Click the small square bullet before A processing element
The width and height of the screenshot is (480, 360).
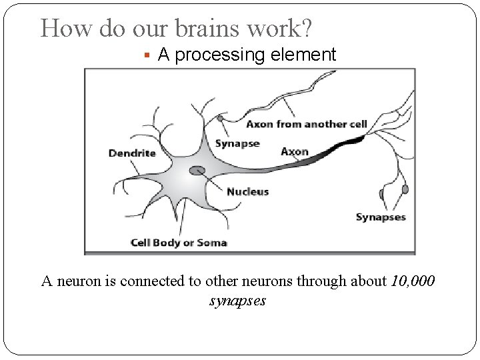[x=147, y=55]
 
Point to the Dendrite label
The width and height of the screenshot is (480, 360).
[x=131, y=153]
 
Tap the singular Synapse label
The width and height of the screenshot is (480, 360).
[x=237, y=144]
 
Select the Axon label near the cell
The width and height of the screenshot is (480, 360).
[x=294, y=151]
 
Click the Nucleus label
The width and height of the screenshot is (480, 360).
[x=247, y=192]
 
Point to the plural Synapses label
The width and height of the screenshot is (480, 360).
[x=380, y=217]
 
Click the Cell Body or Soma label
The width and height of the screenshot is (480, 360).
[x=178, y=243]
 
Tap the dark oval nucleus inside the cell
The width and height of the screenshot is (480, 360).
[x=197, y=171]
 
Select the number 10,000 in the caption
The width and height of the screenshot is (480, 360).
[x=411, y=281]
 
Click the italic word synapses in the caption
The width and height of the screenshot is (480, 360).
[x=237, y=301]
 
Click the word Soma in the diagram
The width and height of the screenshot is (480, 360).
[x=212, y=243]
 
